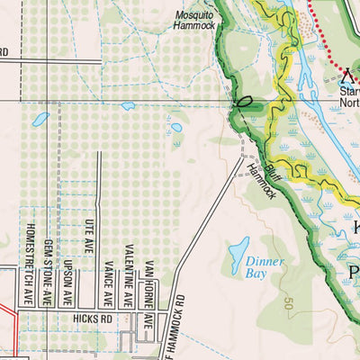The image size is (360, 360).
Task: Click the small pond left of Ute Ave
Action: click(x=40, y=118)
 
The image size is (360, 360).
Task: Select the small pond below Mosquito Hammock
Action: click(x=128, y=105)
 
